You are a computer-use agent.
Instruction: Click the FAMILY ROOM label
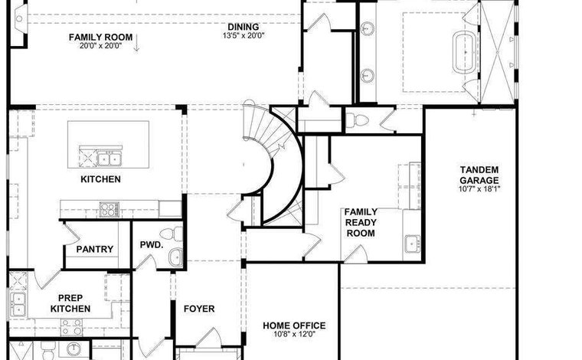100,37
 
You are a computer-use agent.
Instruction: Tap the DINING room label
243,27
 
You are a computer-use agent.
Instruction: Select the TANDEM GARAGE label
479,175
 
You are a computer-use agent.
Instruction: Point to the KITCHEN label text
100,179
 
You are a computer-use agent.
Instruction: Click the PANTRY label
95,249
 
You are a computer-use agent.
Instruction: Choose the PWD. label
152,245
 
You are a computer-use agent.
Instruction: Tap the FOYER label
199,309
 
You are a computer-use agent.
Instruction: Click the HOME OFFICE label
294,326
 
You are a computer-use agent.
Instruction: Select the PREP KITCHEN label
70,303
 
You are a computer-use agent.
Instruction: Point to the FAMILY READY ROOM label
361,222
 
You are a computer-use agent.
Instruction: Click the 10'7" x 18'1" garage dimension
479,188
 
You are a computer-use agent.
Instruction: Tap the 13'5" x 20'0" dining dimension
244,36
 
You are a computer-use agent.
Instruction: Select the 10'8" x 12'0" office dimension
294,334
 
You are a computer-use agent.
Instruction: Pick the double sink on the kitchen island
109,158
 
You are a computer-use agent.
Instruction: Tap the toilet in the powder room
172,234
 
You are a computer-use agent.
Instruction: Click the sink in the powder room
175,257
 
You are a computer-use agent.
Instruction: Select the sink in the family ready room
412,244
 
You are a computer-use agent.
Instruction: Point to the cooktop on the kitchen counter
109,210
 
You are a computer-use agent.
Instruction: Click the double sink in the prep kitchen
18,304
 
